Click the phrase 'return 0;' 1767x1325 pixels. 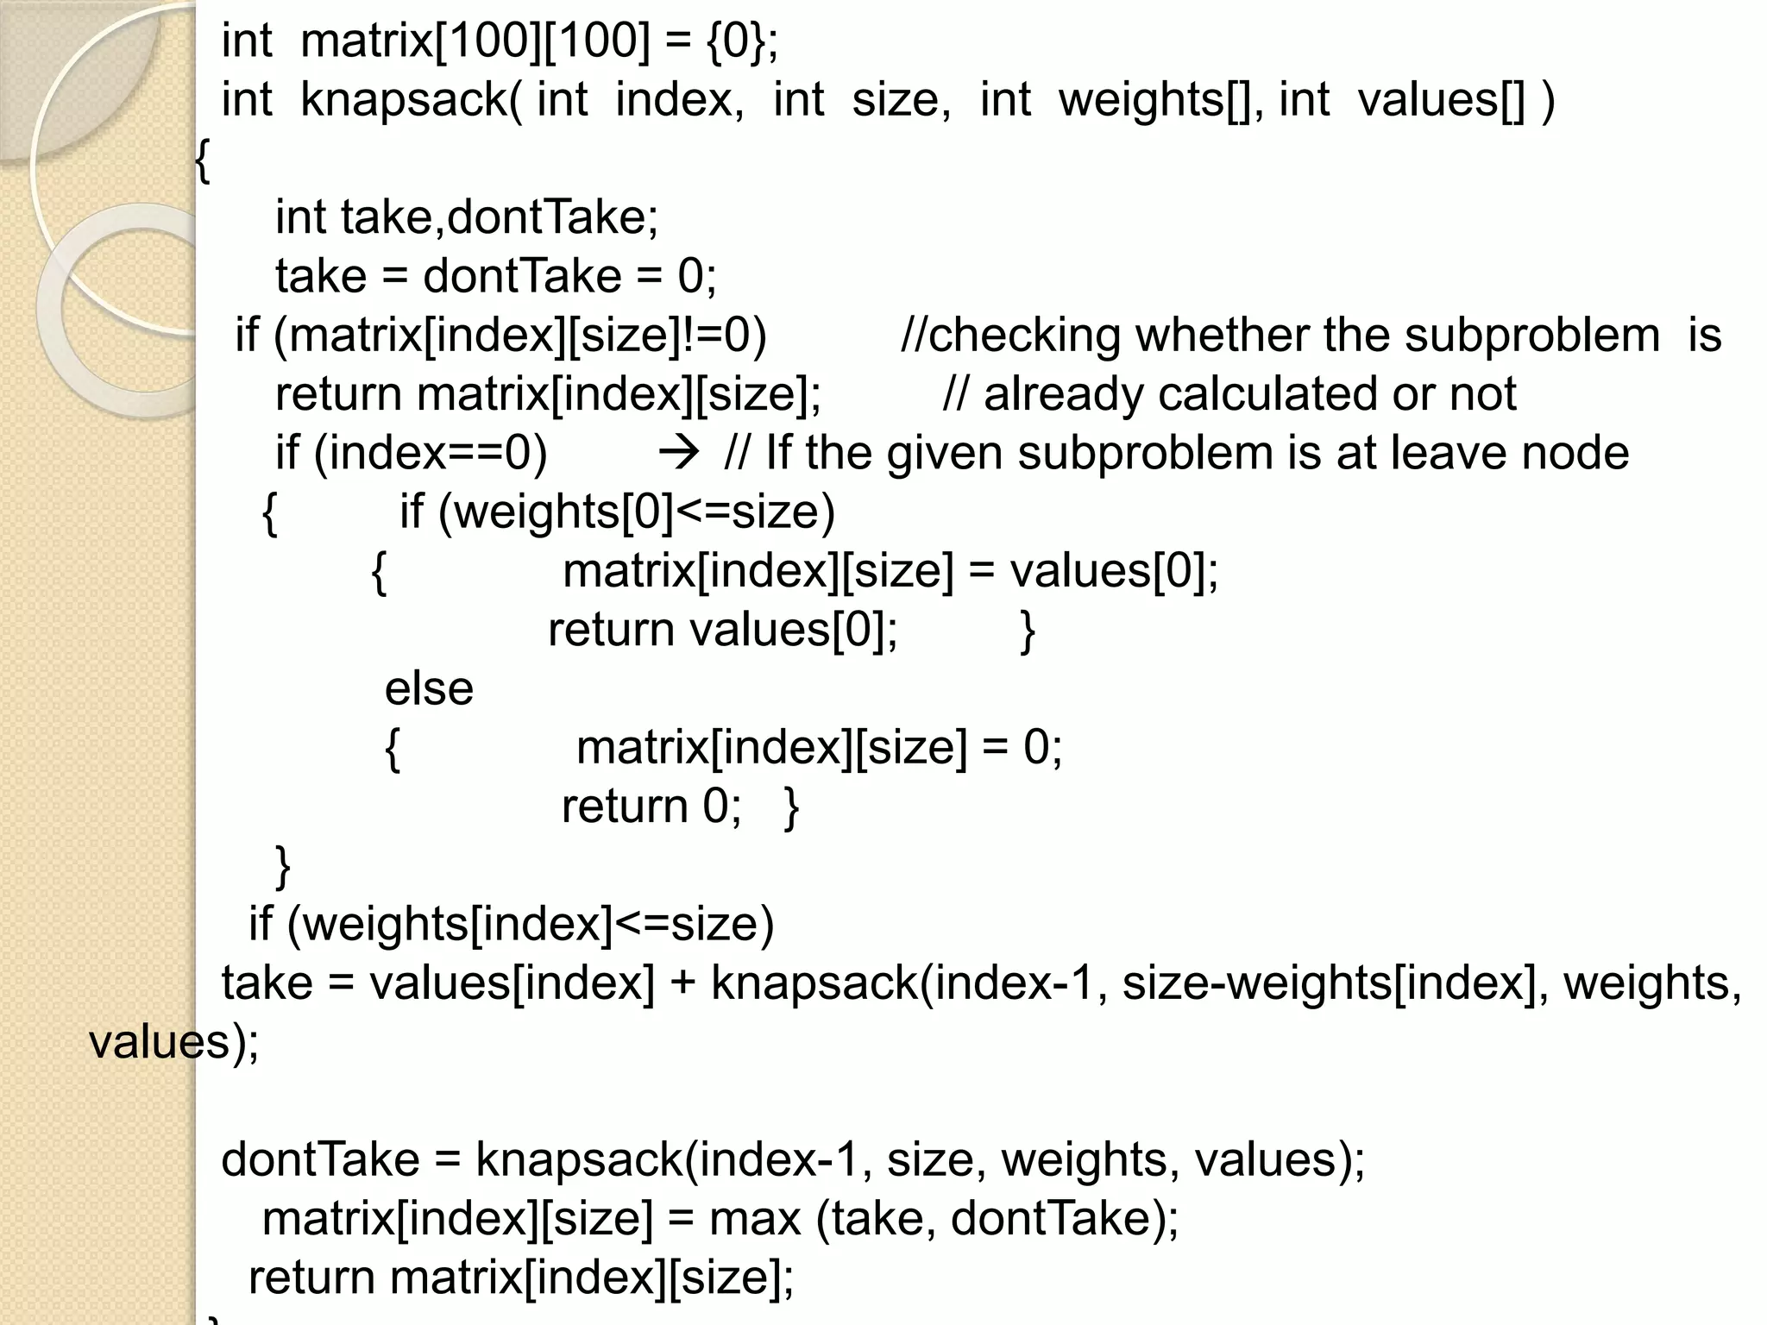pyautogui.click(x=651, y=807)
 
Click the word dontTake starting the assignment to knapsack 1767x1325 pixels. pyautogui.click(x=320, y=1159)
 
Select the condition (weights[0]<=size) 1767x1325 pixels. pyautogui.click(x=637, y=512)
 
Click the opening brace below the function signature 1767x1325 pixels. pyautogui.click(x=202, y=160)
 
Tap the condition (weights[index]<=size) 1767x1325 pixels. pyautogui.click(x=530, y=925)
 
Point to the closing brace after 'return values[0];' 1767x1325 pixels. pyautogui.click(x=1027, y=631)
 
